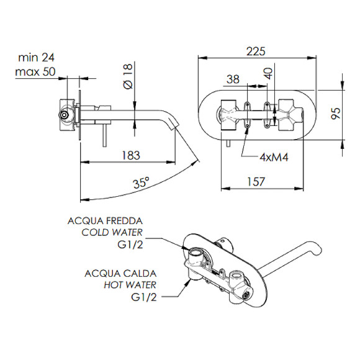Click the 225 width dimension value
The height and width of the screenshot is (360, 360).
(x=256, y=51)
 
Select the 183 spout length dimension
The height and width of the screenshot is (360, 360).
(x=130, y=155)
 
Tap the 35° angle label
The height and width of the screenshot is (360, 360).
(x=141, y=182)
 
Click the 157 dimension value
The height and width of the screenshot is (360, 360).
(x=256, y=182)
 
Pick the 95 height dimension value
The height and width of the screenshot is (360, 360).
(x=335, y=113)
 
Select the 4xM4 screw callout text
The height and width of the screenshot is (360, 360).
(x=274, y=157)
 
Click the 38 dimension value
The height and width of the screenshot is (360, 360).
(x=233, y=79)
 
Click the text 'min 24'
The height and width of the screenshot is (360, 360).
(x=36, y=57)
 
